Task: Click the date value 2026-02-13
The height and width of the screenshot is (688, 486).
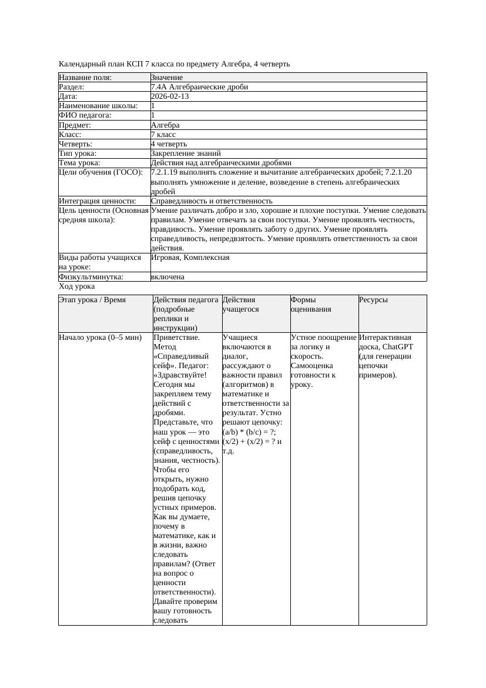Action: pyautogui.click(x=170, y=96)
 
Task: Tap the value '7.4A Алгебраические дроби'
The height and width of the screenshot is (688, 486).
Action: pyautogui.click(x=199, y=87)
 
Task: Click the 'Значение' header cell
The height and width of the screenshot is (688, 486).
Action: pyautogui.click(x=167, y=78)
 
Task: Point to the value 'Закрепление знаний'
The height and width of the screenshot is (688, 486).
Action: pyautogui.click(x=182, y=153)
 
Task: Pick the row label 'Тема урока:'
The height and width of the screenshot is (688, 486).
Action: pyautogui.click(x=79, y=163)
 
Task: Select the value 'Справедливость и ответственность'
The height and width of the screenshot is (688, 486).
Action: pyautogui.click(x=212, y=201)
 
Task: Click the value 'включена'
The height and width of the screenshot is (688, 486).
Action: pyautogui.click(x=167, y=276)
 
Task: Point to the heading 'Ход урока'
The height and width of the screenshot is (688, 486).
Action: pyautogui.click(x=76, y=286)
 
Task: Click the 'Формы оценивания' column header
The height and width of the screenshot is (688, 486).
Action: pyautogui.click(x=311, y=304)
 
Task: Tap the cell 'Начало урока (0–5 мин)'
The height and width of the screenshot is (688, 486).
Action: pyautogui.click(x=100, y=338)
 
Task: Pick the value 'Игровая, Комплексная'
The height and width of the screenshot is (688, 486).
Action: pyautogui.click(x=190, y=258)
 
